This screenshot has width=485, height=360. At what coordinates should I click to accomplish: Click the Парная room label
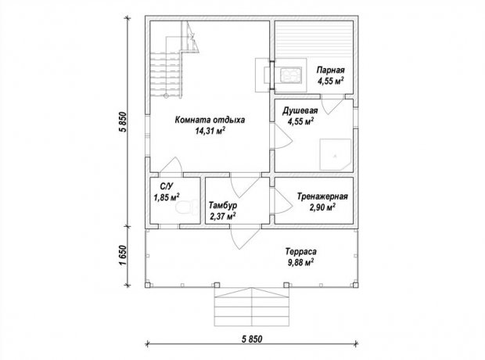[x=330, y=70]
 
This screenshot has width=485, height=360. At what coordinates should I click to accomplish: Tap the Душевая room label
[x=300, y=110]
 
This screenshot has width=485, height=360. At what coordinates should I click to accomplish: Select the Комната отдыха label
[x=210, y=120]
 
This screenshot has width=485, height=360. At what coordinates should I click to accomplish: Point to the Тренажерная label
[x=322, y=196]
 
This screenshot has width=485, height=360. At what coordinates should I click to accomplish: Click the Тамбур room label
[x=223, y=205]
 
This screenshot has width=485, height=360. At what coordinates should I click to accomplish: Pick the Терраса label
[x=301, y=251]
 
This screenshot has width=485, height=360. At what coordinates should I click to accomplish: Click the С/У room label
[x=167, y=186]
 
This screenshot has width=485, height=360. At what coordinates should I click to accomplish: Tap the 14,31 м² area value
[x=210, y=131]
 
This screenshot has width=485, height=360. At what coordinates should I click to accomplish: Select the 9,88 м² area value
[x=300, y=263]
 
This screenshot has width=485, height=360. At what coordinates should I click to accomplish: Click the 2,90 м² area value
[x=322, y=207]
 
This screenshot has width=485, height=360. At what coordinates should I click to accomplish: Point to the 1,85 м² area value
[x=167, y=197]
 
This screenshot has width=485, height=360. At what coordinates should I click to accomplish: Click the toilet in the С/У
[x=187, y=207]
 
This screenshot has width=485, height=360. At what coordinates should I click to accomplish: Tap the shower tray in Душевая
[x=336, y=154]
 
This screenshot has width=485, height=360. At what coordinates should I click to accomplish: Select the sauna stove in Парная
[x=290, y=75]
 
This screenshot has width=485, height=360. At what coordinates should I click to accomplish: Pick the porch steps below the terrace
[x=252, y=307]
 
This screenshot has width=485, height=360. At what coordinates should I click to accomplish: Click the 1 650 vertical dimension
[x=124, y=256]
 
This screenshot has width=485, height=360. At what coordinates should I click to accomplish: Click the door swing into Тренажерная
[x=282, y=200]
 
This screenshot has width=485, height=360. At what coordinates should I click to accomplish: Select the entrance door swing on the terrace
[x=246, y=239]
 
